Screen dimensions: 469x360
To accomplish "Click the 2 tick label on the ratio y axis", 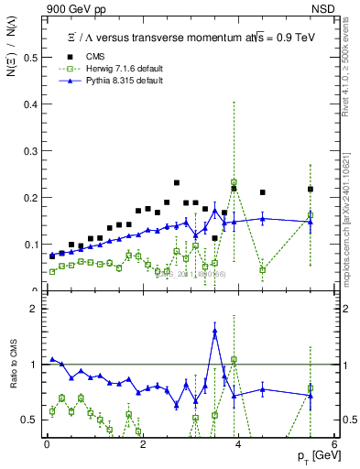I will tap(37, 309).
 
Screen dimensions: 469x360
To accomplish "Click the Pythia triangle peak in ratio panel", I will tap(214, 332).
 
